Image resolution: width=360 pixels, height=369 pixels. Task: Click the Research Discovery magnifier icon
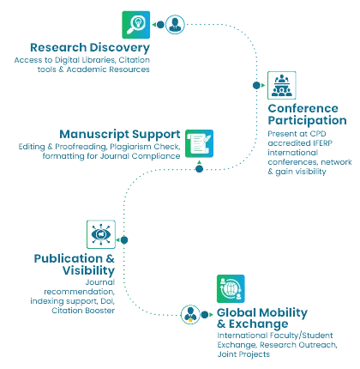pos(136,25)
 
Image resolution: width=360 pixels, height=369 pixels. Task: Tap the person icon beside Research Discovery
pos(175,25)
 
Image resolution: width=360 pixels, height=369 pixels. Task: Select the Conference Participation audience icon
pos(282,85)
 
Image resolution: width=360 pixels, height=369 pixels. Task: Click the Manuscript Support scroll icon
pos(199,143)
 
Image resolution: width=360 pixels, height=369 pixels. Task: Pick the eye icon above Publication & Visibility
pos(101,234)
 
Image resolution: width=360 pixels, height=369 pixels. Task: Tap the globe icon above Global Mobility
pos(231,288)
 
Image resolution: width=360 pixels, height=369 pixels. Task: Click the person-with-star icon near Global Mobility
pos(190,314)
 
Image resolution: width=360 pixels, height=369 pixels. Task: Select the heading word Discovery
pos(119,48)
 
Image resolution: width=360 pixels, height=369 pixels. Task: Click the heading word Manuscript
pos(94,135)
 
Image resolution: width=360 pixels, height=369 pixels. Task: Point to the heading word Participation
pos(307,121)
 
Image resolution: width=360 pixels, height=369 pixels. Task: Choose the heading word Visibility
pos(88,271)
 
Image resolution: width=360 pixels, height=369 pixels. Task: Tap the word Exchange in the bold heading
pos(258,324)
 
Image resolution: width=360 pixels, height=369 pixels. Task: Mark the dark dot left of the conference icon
pos(256,85)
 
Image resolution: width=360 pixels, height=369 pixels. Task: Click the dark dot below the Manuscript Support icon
pos(199,169)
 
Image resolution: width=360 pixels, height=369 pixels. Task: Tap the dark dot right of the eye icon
pos(124,240)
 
